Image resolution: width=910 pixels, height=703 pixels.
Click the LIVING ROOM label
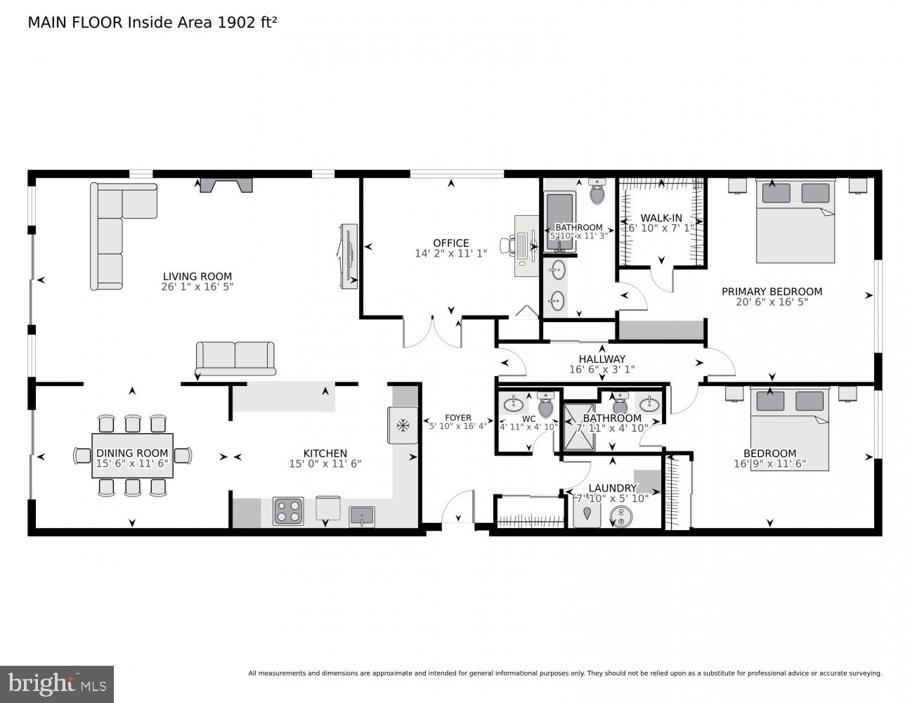coord(197,276)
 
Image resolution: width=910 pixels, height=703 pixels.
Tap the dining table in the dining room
coord(132,456)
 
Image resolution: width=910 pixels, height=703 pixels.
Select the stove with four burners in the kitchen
coord(288,511)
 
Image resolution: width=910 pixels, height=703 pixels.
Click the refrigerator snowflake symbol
coord(403,425)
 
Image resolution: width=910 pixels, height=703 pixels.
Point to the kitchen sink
coord(362,515)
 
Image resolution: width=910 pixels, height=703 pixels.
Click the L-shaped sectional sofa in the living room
coord(116,225)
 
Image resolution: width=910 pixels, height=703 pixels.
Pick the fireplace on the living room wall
coord(226,185)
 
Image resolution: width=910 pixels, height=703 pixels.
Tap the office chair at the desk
coord(507,245)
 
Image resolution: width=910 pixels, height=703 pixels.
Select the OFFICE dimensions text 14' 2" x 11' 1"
coord(450,254)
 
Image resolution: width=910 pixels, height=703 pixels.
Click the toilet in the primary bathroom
coord(597,192)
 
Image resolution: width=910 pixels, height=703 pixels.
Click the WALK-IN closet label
coord(661,218)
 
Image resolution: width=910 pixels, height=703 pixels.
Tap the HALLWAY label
coord(602,359)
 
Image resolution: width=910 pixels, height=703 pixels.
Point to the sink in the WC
coord(513,404)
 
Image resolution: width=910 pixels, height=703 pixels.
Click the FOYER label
coord(457,418)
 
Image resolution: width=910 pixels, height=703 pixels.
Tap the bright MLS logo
coord(57,683)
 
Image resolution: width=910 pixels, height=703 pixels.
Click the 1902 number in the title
coord(236,22)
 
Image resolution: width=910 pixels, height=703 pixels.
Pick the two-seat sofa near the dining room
coord(235,357)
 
